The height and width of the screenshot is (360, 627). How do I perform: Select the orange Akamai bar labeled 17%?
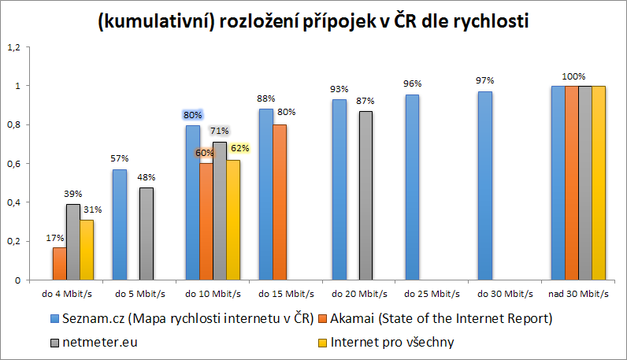pos(59,264)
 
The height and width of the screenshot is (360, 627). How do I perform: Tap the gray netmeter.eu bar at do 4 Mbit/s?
pos(72,242)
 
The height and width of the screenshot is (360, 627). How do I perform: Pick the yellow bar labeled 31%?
pos(87,250)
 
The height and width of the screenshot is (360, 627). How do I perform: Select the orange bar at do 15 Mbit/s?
pos(280,202)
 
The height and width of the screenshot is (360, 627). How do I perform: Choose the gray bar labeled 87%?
pos(365,195)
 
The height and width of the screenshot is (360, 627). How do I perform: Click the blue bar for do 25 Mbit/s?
pos(412,187)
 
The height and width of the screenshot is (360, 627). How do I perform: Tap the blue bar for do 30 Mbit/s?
pos(485,186)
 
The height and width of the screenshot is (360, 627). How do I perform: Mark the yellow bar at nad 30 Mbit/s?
pos(599,183)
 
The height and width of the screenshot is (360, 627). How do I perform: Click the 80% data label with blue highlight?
pos(193,115)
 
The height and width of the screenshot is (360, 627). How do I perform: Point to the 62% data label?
pos(240,147)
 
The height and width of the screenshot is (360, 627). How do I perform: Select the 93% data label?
pos(339,90)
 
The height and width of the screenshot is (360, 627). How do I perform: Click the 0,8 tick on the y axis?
pos(13,124)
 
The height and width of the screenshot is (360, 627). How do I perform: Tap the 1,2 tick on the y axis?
pos(13,46)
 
